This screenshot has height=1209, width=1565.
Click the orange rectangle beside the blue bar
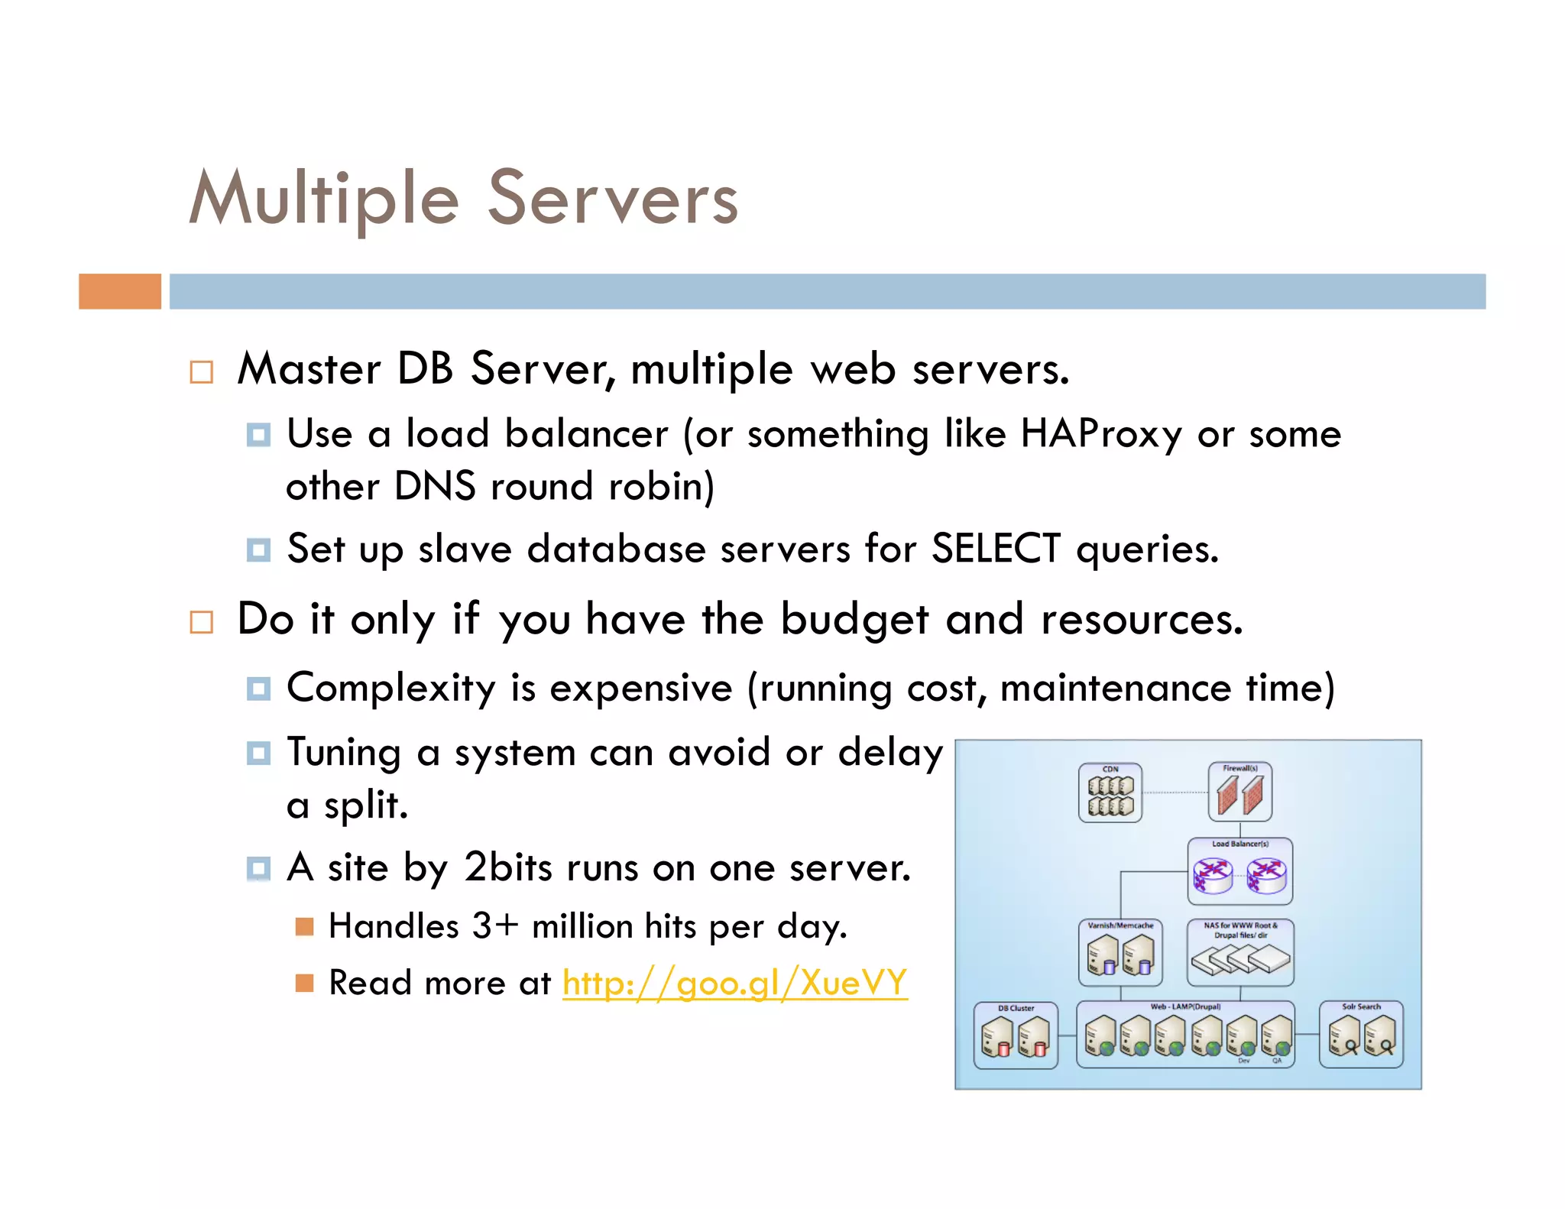pos(120,291)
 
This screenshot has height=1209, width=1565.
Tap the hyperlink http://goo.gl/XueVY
pos(734,982)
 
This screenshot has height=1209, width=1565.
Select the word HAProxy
pos(1101,434)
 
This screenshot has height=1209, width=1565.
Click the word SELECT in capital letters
pos(995,549)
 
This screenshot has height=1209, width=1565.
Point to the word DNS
pos(435,487)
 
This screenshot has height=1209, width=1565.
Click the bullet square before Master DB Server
pos(202,372)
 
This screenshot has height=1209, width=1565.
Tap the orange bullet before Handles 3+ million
pos(304,927)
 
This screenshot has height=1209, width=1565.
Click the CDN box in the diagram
pos(1110,792)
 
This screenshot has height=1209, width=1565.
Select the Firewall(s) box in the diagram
pos(1239,792)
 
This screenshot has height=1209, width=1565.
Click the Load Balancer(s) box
pos(1239,871)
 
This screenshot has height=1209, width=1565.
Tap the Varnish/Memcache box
pos(1120,952)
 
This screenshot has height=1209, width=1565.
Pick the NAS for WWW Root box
pos(1239,952)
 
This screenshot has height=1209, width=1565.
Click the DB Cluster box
pos(1016,1036)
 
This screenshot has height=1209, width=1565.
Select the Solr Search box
pos(1361,1034)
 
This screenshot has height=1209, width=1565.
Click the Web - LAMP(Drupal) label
pos(1185,1006)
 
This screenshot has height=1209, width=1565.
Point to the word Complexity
pos(391,688)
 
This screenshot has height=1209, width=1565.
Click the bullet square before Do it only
pos(202,622)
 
